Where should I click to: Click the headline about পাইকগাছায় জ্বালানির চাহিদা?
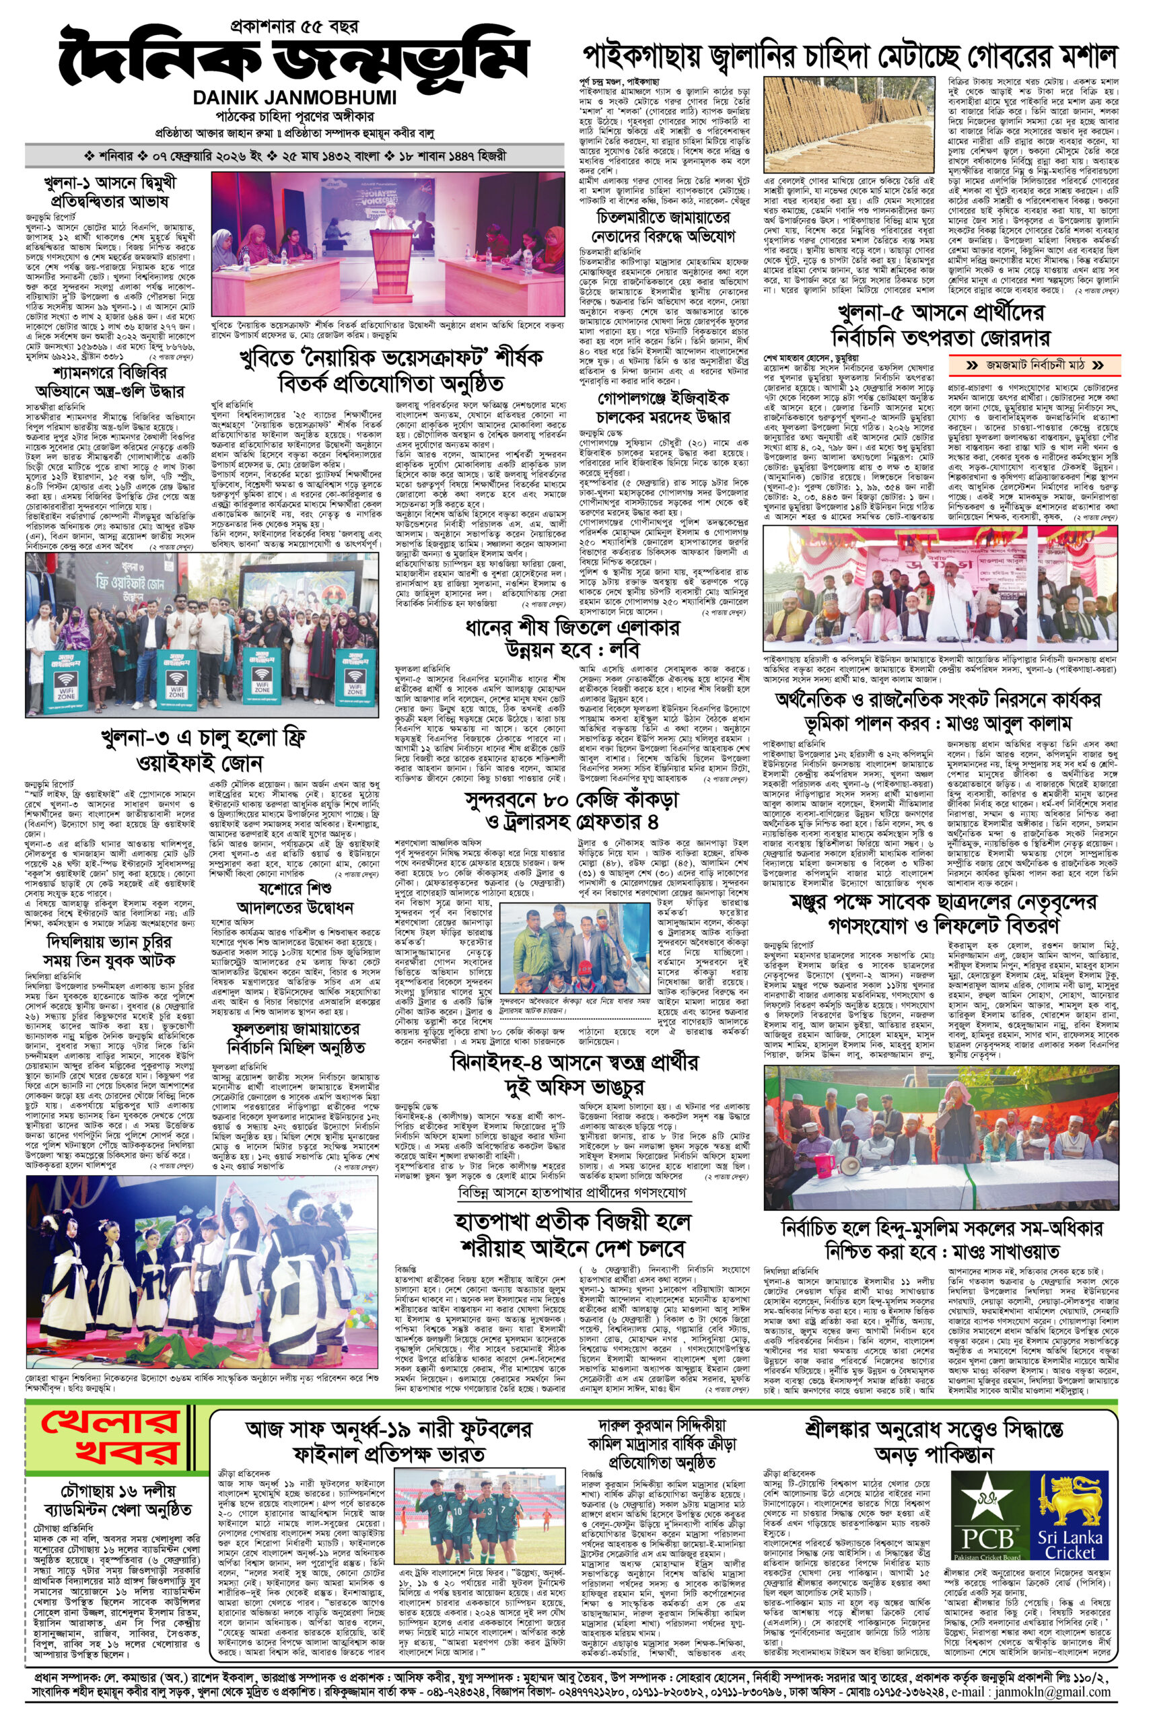pos(850,57)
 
